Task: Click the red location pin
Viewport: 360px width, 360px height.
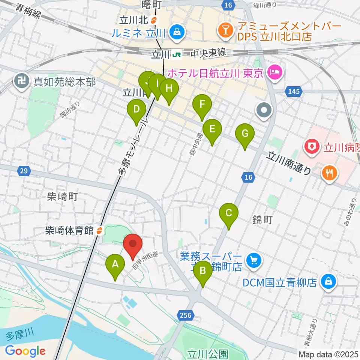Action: (x=133, y=244)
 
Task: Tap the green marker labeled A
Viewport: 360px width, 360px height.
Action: (x=115, y=265)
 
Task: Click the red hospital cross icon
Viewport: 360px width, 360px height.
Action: (x=311, y=146)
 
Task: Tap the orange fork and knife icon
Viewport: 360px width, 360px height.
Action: (x=330, y=172)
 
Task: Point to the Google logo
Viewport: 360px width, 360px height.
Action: (x=25, y=351)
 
